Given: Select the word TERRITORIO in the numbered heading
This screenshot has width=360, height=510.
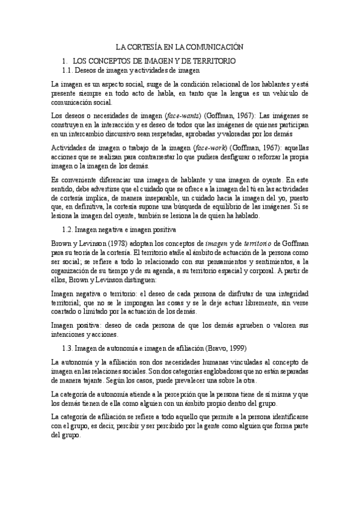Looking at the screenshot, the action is (x=216, y=61).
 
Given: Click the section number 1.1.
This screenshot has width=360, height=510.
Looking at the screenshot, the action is (x=69, y=71).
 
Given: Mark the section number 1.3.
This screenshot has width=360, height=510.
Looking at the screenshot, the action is (x=69, y=348).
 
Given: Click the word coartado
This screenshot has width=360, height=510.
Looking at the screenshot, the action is (x=67, y=313).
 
